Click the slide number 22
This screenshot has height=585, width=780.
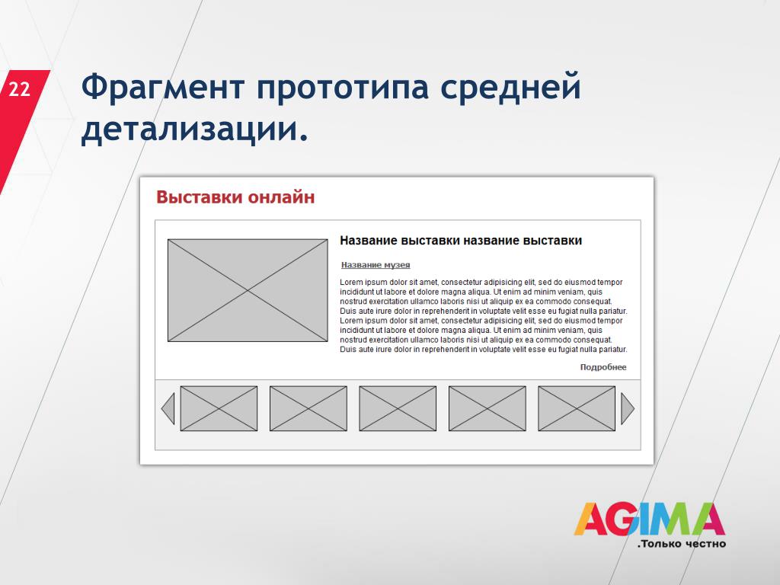click(19, 90)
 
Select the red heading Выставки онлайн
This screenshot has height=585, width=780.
click(235, 197)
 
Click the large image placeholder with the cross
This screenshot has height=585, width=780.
click(248, 290)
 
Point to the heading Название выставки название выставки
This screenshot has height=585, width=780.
click(461, 241)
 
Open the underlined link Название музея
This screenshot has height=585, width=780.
click(376, 265)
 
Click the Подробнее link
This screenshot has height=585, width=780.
click(603, 367)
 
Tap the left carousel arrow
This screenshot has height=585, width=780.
click(168, 408)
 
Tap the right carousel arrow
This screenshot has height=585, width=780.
click(628, 408)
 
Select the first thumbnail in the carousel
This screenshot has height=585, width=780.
click(219, 408)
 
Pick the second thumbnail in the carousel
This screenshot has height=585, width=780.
click(308, 408)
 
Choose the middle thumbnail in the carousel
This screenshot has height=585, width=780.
click(398, 408)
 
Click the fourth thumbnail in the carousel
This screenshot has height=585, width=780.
click(487, 408)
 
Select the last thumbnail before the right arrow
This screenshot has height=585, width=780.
click(577, 408)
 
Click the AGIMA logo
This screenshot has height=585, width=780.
click(649, 519)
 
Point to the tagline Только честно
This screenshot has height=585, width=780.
click(682, 544)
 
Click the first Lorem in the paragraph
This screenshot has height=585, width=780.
click(351, 282)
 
